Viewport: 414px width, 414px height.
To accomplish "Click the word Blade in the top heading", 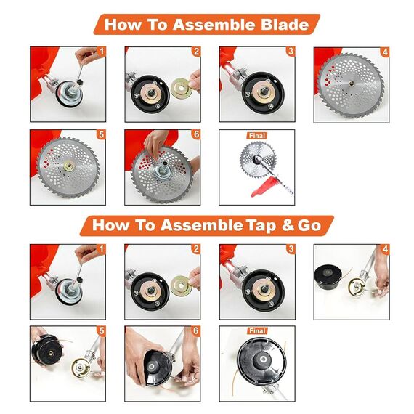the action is pyautogui.click(x=285, y=24).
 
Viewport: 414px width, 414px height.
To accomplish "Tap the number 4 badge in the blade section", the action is pyautogui.click(x=385, y=52).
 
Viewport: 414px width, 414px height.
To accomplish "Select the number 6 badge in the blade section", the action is pyautogui.click(x=196, y=134).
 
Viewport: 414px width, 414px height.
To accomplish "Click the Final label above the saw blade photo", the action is pyautogui.click(x=257, y=136).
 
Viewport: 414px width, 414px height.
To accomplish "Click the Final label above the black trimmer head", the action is pyautogui.click(x=257, y=330).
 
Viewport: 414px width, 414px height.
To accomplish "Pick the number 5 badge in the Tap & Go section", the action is pyautogui.click(x=102, y=330).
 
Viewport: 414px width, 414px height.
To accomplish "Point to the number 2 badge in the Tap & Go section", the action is pyautogui.click(x=196, y=249).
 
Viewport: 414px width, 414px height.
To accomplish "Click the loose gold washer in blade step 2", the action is pyautogui.click(x=181, y=87).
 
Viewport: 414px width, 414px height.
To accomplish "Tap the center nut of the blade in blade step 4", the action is pyautogui.click(x=352, y=84).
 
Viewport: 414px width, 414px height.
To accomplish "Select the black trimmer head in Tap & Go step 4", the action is pyautogui.click(x=327, y=277).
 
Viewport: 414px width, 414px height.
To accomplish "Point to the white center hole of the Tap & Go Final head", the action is pyautogui.click(x=263, y=360).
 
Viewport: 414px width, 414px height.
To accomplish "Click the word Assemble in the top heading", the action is pyautogui.click(x=214, y=24).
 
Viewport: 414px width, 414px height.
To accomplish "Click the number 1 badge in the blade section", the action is pyautogui.click(x=102, y=52).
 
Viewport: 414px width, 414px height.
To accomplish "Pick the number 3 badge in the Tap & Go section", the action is pyautogui.click(x=291, y=249).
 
